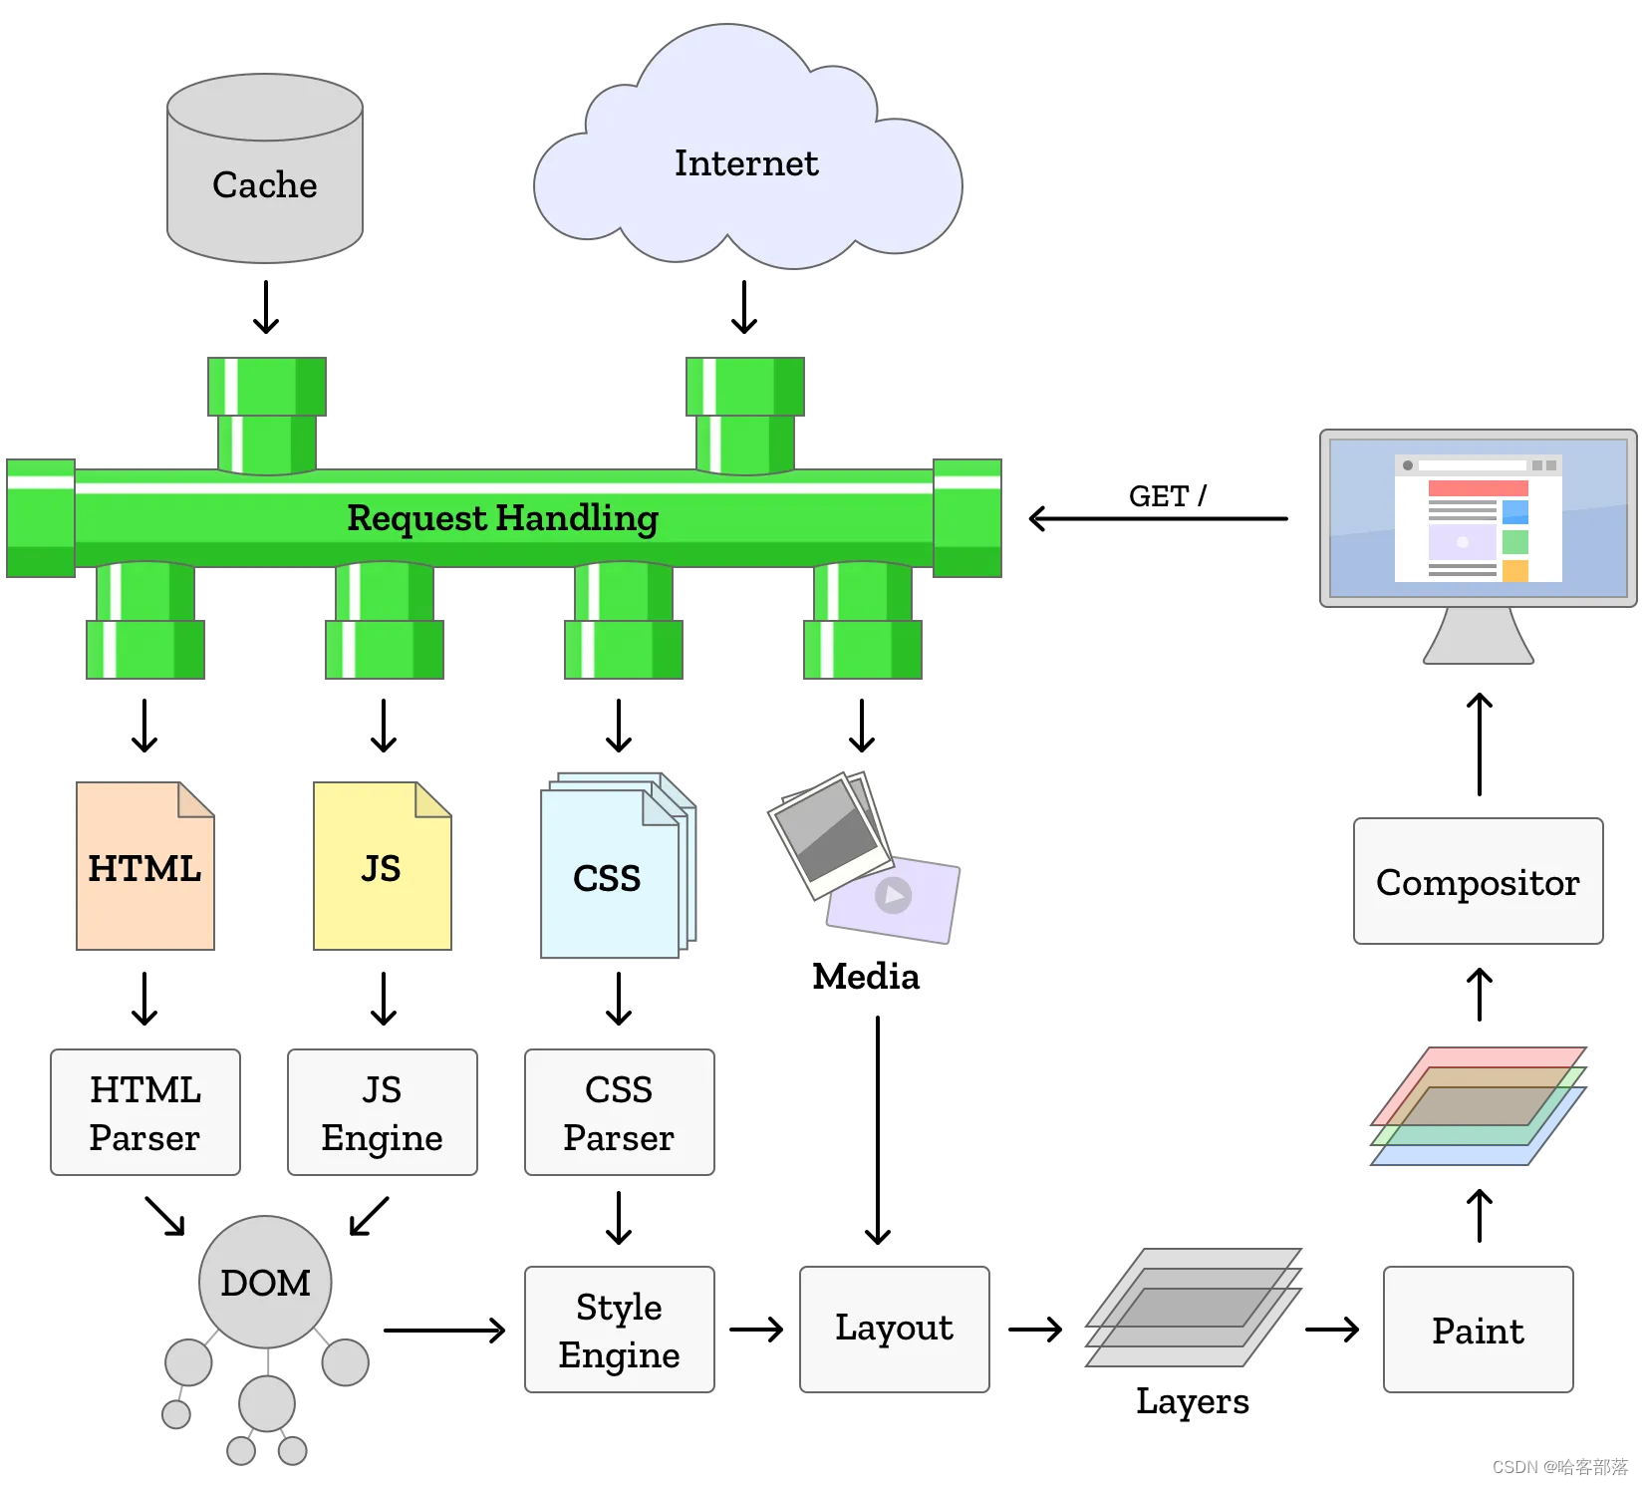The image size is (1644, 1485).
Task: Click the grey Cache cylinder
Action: [265, 168]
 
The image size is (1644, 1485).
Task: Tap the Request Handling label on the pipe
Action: [502, 518]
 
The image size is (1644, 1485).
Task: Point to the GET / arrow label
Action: [1167, 495]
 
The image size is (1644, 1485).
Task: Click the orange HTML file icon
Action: [145, 866]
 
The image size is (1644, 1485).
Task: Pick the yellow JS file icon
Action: [383, 866]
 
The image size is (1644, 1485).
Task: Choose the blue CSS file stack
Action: [618, 865]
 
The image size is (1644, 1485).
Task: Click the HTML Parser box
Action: [145, 1112]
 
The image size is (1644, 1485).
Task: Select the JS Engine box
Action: [383, 1112]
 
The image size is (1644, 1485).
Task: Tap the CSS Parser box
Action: [620, 1112]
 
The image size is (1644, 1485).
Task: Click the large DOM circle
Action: [265, 1282]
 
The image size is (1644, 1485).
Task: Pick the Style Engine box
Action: [620, 1330]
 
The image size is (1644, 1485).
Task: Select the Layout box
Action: [895, 1330]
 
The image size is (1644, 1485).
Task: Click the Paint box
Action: [1479, 1330]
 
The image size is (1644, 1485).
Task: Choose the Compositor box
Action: [1479, 881]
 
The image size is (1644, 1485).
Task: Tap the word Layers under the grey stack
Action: [1193, 1401]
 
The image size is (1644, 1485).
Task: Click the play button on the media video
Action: [894, 895]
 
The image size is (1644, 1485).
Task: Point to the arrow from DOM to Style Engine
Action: [444, 1330]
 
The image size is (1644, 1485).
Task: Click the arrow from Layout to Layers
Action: [1036, 1330]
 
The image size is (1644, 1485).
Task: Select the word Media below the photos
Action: [866, 977]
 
